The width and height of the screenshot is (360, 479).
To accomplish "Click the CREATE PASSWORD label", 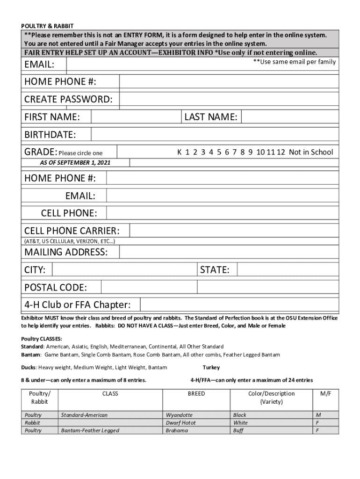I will click(68, 99).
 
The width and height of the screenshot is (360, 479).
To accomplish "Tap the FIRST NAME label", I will click(52, 117).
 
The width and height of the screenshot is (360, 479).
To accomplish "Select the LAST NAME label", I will click(211, 117).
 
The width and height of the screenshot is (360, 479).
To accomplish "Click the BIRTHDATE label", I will click(50, 135).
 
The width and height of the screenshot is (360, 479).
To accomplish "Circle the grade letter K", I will click(179, 152).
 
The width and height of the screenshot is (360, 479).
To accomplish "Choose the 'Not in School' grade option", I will click(311, 152).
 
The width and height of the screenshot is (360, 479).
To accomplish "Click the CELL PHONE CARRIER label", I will click(72, 231).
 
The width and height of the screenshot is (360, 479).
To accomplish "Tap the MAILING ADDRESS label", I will click(66, 252).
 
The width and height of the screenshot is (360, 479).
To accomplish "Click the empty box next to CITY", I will click(124, 270).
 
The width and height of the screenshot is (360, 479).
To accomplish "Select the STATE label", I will click(215, 270).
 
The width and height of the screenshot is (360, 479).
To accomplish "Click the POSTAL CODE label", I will click(56, 287).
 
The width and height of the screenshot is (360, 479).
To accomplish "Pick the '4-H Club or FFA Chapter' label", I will click(78, 305).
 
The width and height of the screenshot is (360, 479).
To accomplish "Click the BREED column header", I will click(196, 394).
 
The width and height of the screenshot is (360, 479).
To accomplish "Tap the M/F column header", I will click(326, 394).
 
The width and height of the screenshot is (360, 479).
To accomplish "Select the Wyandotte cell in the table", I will click(179, 415).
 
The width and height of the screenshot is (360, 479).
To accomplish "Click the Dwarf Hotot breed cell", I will click(181, 423).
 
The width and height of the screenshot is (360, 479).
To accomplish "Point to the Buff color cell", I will click(238, 430).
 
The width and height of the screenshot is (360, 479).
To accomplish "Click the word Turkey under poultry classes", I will click(211, 368).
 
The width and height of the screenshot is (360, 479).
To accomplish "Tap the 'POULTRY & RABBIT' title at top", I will click(47, 25).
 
